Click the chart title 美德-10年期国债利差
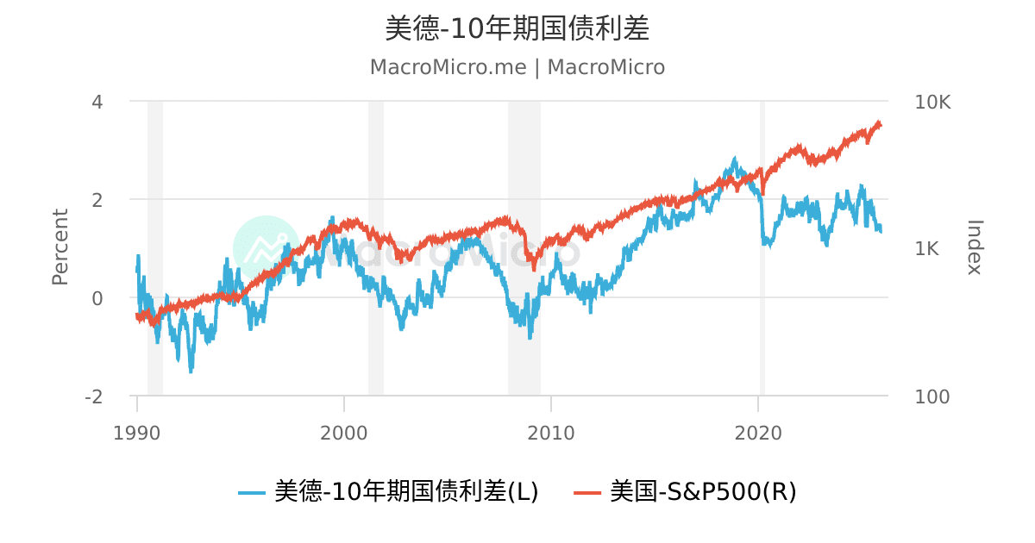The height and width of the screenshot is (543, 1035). (x=517, y=28)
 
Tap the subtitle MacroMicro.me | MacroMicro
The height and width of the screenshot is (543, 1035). (x=517, y=67)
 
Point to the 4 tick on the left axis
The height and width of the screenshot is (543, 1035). (x=97, y=102)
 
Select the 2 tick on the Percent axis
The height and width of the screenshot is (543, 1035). (x=97, y=199)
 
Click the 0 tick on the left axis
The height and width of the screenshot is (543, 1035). (x=97, y=298)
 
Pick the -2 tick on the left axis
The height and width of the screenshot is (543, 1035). (x=93, y=396)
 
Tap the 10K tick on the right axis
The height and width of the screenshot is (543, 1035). (x=931, y=102)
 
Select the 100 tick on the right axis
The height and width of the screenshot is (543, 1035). (x=931, y=396)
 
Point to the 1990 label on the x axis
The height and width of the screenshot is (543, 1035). (x=137, y=433)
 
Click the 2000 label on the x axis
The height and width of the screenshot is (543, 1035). (x=344, y=433)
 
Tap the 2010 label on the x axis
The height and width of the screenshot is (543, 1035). (x=551, y=433)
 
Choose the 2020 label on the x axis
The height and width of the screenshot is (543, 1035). (x=758, y=433)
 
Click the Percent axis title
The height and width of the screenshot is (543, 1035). (x=60, y=247)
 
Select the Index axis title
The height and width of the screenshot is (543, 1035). (x=975, y=247)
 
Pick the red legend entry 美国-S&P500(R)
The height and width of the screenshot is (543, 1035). (x=685, y=491)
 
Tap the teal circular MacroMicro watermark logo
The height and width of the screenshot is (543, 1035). (x=267, y=248)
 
